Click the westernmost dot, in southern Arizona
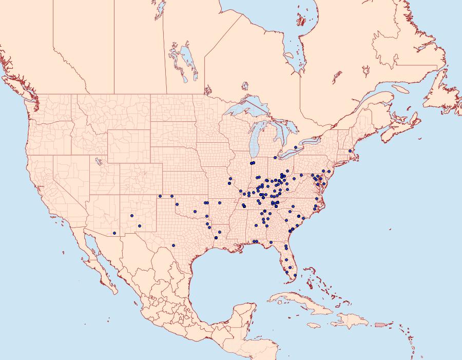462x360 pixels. [114, 233]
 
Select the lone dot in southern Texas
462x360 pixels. [174, 245]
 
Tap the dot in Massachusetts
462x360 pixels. [350, 150]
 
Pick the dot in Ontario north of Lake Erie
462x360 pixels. [296, 147]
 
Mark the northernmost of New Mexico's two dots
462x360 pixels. [132, 216]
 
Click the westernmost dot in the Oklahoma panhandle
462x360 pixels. [160, 196]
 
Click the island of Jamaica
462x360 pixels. [315, 325]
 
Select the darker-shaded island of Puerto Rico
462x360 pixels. [380, 324]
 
